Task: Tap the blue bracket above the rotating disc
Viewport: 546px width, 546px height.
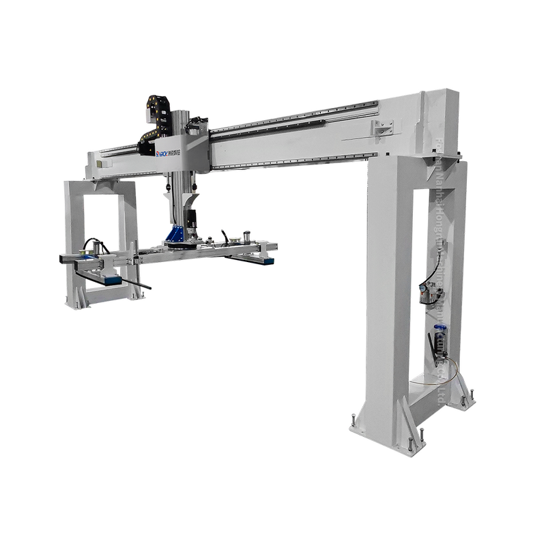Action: pyautogui.click(x=176, y=234)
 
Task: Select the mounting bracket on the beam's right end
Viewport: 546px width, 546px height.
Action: pyautogui.click(x=382, y=127)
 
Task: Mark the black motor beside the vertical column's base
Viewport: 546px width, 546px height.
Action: pyautogui.click(x=194, y=220)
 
